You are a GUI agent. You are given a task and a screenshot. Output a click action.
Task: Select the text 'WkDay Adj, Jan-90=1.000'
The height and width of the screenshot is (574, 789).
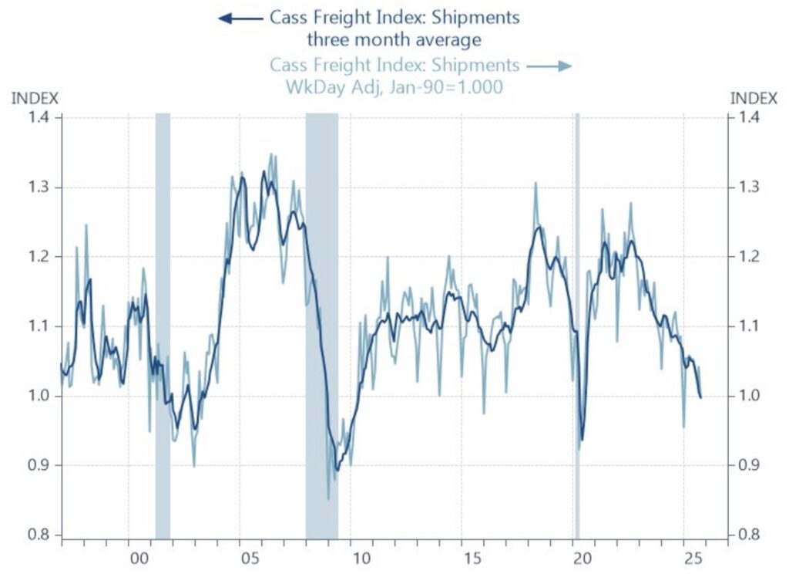coord(394,87)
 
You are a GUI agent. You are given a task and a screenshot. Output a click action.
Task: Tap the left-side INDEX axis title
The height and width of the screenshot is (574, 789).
coord(34,98)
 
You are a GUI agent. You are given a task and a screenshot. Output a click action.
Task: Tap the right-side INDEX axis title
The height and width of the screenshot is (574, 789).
coord(754,98)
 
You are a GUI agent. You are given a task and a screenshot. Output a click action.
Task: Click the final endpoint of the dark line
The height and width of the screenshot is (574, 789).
coord(700,397)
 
